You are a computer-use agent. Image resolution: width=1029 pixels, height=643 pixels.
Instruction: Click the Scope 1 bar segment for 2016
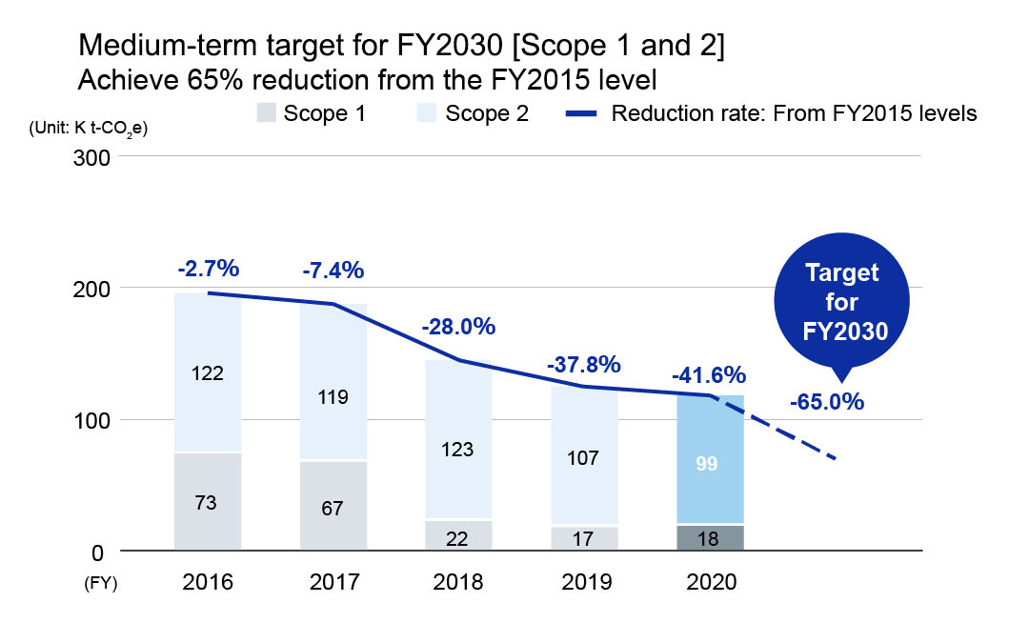[208, 501]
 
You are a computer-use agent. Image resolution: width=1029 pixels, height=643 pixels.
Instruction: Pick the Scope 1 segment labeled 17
[583, 538]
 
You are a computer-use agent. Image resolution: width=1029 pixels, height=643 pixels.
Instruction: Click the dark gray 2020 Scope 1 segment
[710, 537]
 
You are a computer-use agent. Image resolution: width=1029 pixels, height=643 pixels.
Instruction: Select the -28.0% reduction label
[458, 327]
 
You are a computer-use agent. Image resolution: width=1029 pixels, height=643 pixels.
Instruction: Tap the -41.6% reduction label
[710, 374]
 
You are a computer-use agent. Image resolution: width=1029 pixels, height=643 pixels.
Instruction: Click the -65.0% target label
[827, 401]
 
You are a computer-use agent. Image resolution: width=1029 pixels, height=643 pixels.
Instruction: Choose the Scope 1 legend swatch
[266, 114]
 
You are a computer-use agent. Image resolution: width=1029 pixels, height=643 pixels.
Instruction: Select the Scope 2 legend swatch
[428, 114]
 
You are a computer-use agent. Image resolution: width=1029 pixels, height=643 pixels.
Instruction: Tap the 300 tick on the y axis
[93, 156]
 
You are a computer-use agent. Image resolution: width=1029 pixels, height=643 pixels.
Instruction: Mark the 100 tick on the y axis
[93, 420]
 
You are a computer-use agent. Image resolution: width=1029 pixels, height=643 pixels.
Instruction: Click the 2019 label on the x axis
[583, 582]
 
